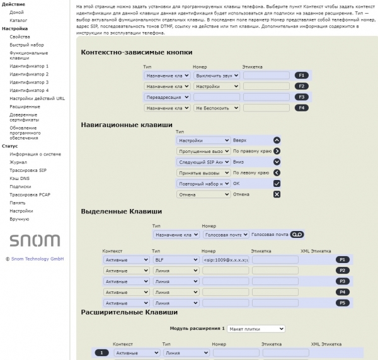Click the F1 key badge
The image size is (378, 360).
pos(302,75)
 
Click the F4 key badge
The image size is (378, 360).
pos(302,108)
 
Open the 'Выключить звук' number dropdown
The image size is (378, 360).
pos(216,75)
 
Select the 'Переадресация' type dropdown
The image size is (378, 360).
pos(166,97)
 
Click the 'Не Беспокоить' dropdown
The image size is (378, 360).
pos(216,108)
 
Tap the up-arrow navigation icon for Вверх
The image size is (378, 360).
pos(277,140)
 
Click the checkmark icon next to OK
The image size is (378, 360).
pos(277,183)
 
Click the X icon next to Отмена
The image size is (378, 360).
pos(277,194)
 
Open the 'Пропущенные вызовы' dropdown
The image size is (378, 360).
pos(203,151)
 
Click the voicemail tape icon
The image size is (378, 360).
pos(297,235)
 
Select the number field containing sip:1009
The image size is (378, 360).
pos(226,259)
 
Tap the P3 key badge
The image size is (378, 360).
pos(342,281)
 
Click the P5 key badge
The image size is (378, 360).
pos(342,303)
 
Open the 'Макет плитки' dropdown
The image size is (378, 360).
pos(256,329)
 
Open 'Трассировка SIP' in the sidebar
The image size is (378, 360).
pos(28,170)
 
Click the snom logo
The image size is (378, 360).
pos(35,240)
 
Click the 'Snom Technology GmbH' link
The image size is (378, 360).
pos(37,259)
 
